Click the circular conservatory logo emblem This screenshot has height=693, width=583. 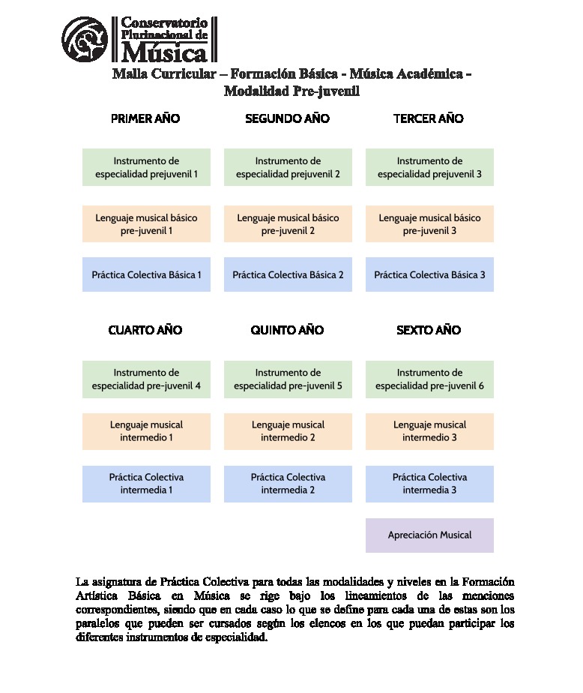pos(85,39)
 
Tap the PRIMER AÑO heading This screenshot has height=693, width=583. pos(145,118)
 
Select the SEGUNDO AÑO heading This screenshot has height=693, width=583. pos(287,118)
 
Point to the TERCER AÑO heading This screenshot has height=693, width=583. pos(429,118)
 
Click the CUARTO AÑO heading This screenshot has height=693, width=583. pos(145,330)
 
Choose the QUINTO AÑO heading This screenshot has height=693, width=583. pos(287,330)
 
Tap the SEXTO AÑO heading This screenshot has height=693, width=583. pos(429,330)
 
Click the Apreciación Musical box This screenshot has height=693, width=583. pos(429,535)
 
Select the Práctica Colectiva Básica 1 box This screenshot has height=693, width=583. pos(146,275)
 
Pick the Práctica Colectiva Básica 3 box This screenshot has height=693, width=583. pos(429,275)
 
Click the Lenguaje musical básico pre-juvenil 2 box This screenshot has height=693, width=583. pos(288,224)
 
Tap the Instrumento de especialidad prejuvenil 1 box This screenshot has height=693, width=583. pos(146,167)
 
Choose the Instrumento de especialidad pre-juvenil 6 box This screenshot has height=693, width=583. pos(429,379)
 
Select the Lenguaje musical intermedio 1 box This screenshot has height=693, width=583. pos(146,431)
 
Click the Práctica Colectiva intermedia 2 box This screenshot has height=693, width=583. pos(288,484)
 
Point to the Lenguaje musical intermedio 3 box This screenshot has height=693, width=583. pos(429,431)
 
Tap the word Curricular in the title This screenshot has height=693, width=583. pos(184,74)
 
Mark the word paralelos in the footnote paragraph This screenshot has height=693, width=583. pos(100,623)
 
